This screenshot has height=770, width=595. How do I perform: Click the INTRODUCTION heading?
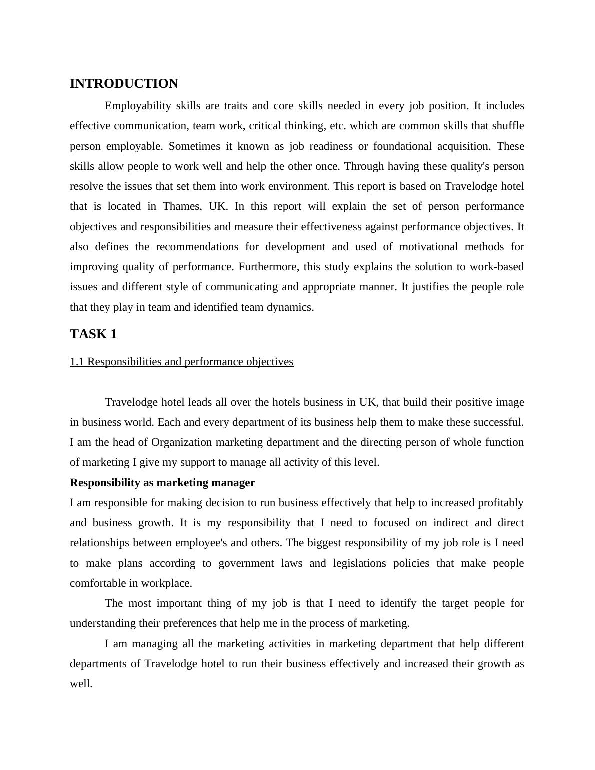[x=124, y=84]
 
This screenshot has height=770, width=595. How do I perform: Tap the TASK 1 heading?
[x=93, y=334]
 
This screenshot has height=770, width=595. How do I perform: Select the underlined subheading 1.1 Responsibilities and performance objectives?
[x=181, y=362]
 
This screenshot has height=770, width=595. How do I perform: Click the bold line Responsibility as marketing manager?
[x=162, y=483]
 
